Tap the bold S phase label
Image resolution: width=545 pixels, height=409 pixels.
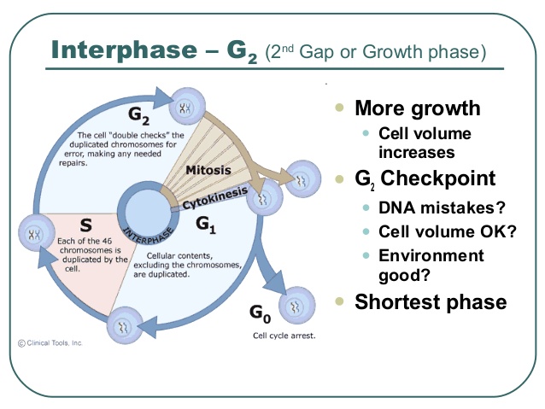coord(85,225)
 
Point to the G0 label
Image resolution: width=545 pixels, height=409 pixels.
coord(261,313)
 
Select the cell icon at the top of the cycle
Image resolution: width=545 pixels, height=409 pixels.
coord(185,106)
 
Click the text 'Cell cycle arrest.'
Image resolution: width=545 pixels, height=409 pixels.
coord(284,336)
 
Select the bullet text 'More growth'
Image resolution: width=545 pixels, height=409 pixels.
coord(417,108)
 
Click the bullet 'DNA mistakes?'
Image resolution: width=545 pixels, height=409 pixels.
coord(432,208)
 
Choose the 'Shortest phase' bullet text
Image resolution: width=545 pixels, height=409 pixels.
coord(431,301)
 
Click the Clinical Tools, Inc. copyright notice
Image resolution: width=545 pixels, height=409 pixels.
coord(50,343)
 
